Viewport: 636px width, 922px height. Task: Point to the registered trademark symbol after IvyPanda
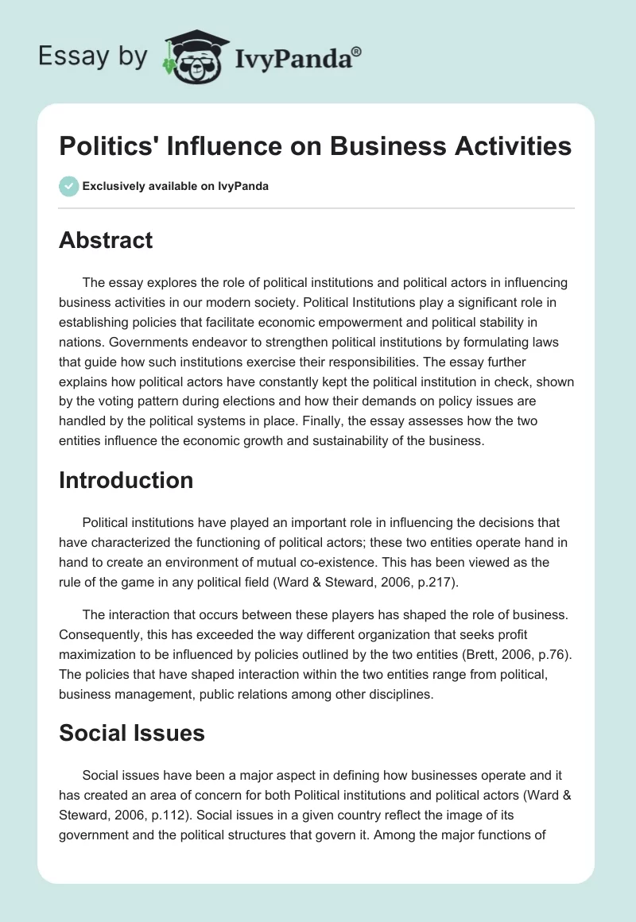[357, 51]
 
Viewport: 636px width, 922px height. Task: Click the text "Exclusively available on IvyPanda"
[176, 187]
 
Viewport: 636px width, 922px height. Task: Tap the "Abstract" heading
[106, 240]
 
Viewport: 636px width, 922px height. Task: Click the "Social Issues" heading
[131, 733]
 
